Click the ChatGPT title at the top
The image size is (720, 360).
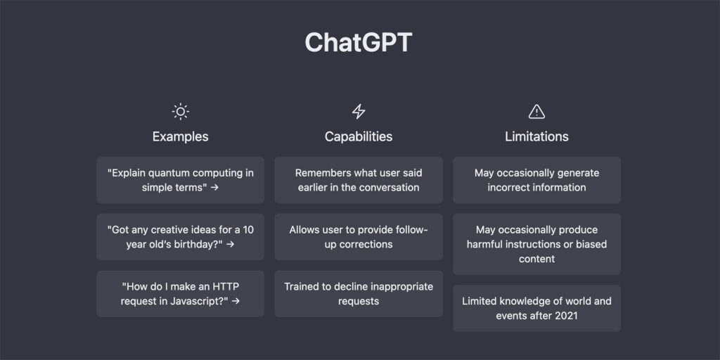(359, 43)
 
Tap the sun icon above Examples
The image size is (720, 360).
(181, 111)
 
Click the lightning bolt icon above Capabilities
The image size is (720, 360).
(359, 111)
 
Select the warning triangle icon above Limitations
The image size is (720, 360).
(536, 111)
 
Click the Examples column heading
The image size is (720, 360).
(181, 136)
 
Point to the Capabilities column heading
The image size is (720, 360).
(359, 136)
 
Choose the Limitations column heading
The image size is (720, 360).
(536, 136)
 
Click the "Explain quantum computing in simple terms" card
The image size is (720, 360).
(181, 180)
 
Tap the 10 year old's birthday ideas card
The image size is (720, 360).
(181, 237)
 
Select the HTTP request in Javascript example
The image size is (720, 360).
(181, 294)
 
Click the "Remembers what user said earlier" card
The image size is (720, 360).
(359, 180)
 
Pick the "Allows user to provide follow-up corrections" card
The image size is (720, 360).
(359, 237)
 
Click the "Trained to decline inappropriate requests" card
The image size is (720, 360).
(359, 294)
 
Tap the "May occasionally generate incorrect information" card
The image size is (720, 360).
(536, 180)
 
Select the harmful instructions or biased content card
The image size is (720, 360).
(536, 244)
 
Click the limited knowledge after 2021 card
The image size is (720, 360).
(536, 308)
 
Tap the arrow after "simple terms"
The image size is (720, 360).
(214, 188)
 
